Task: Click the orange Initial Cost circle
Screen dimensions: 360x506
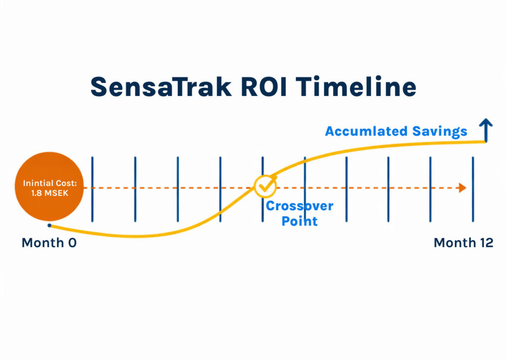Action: click(x=49, y=188)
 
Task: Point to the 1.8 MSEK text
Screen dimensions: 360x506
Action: click(x=49, y=193)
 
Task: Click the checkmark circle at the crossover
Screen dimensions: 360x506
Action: click(x=266, y=186)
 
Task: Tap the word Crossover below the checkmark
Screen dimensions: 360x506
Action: click(x=299, y=206)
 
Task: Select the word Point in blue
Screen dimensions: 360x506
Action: click(x=299, y=221)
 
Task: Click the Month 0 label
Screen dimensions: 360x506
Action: click(x=49, y=243)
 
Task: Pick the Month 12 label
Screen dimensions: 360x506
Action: click(x=463, y=243)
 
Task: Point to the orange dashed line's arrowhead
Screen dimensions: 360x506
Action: click(x=463, y=188)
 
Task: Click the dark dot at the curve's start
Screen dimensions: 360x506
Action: click(x=49, y=225)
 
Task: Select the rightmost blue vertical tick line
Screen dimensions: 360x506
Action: click(x=473, y=189)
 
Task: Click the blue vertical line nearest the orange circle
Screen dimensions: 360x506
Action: click(x=92, y=189)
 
